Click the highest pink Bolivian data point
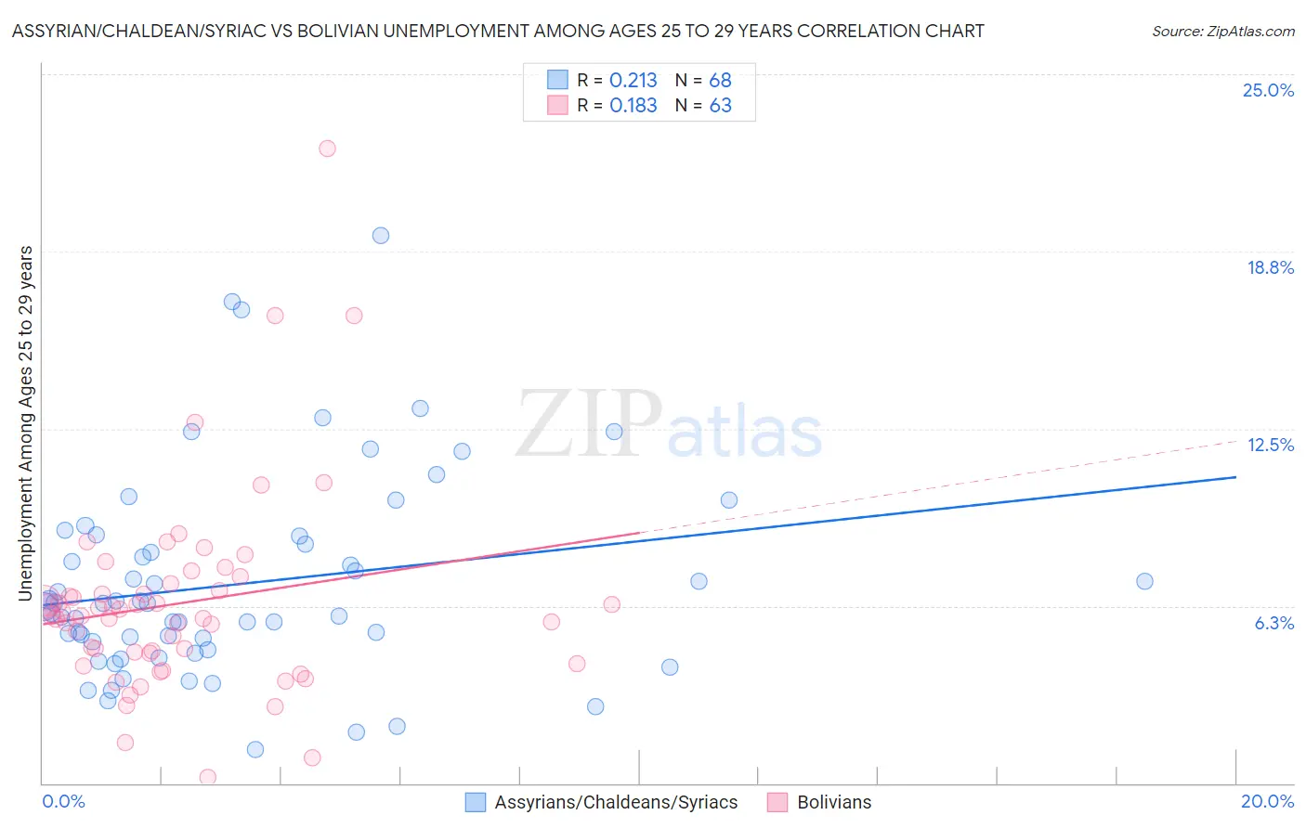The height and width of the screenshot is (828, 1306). pos(327,149)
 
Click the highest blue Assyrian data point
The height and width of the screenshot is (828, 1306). pos(381,236)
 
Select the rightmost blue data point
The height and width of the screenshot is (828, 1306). pos(1144,581)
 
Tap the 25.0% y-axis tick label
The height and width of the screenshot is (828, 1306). pos(1268,90)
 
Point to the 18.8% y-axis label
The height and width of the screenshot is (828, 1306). pos(1270,267)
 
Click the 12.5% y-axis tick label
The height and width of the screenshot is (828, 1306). pos(1270,445)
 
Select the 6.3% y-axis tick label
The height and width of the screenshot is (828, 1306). pos(1273,623)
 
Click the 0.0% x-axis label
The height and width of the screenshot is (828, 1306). pos(63,801)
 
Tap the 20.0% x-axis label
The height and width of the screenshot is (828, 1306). pos(1267,801)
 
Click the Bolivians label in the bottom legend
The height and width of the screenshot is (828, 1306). pos(834,802)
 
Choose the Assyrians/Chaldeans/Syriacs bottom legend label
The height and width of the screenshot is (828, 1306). pos(616,802)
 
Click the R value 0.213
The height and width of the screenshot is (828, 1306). pos(633,81)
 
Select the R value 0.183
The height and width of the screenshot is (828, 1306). pos(633,106)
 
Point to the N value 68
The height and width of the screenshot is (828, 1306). pos(720,81)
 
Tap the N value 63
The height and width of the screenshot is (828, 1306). pos(720,106)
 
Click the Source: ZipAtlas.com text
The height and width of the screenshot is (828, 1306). pos(1222,32)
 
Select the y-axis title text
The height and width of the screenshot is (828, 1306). pos(25,423)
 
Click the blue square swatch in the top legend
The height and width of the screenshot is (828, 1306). pos(557,80)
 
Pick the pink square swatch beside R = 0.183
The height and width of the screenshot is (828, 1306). pos(557,105)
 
